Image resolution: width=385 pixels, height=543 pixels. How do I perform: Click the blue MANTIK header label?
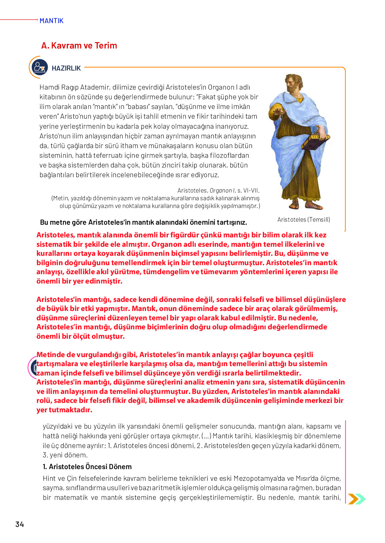(51, 21)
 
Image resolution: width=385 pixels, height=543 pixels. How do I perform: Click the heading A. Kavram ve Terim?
(79, 45)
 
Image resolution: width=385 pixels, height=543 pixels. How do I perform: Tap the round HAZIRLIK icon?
(39, 67)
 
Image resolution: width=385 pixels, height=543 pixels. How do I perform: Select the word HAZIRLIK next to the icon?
(66, 68)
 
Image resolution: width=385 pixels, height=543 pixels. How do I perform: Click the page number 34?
(20, 524)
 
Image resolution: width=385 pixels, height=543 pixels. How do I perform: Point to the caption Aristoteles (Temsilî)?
(303, 219)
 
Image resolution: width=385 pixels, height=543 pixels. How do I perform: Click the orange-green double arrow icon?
(356, 499)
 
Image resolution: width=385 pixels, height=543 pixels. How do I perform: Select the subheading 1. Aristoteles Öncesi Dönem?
(87, 466)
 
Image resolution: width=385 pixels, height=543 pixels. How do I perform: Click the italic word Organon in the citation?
(221, 191)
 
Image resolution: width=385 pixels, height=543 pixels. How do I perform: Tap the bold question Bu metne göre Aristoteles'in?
(143, 222)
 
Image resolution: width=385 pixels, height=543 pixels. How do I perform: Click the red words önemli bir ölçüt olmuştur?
(80, 336)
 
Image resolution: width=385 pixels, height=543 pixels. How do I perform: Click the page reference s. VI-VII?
(248, 191)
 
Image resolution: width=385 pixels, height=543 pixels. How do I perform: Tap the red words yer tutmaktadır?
(64, 410)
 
